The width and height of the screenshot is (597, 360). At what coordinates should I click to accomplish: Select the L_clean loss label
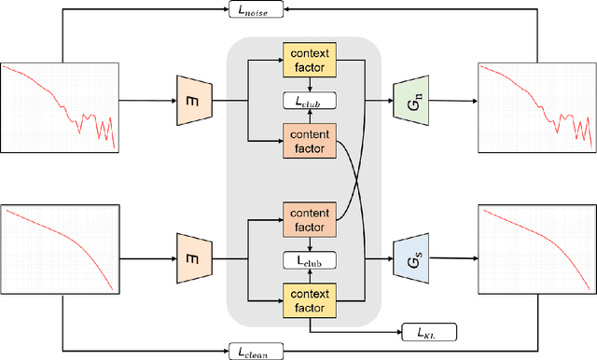[x=254, y=351]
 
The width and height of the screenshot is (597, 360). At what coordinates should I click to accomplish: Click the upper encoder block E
[x=191, y=102]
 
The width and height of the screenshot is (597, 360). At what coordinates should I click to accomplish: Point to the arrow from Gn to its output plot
[x=451, y=102]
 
